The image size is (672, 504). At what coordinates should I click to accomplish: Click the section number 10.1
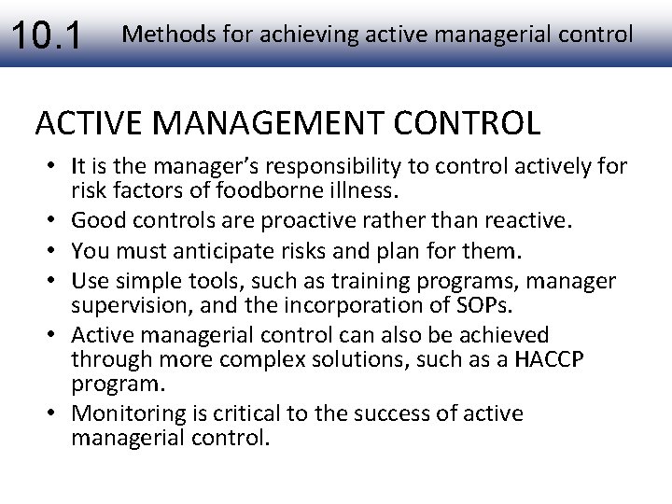point(46,35)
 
